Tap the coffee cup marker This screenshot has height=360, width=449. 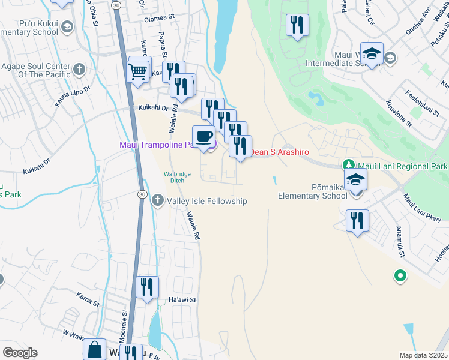pos(203,137)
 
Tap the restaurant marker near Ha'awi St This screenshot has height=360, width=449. pos(147,287)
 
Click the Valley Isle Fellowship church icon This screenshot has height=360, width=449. pos(157,200)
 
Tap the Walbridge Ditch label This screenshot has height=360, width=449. pos(178,177)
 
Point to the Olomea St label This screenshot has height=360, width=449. pos(158,19)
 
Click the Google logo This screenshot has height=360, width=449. pos(20,353)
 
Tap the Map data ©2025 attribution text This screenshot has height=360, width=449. pos(423,355)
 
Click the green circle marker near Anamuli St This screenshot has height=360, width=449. pos(400,276)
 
